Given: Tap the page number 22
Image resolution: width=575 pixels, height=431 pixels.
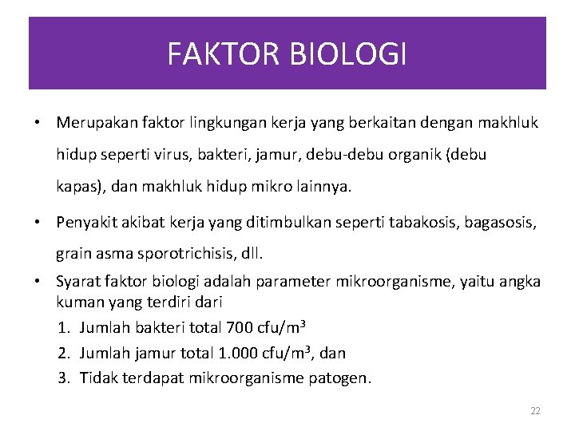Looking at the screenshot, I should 535,411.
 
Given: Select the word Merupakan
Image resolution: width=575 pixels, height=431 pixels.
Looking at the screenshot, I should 93,123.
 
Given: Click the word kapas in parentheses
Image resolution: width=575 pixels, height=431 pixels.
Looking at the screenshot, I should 74,188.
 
